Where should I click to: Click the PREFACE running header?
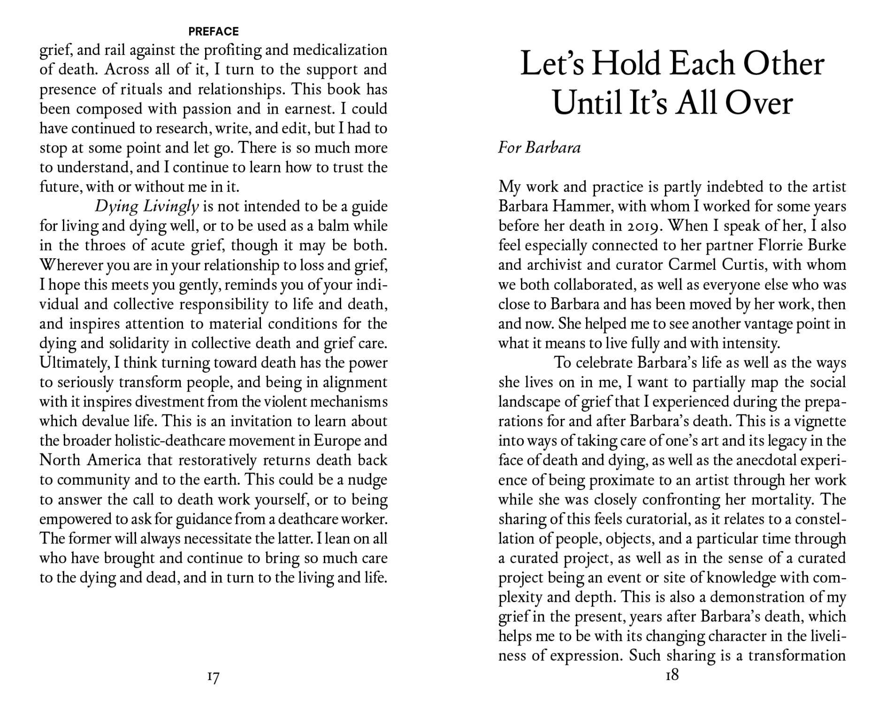coord(214,31)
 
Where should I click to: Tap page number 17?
coord(213,677)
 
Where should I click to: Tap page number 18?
coord(672,675)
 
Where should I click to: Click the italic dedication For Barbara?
coord(539,148)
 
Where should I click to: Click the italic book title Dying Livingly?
coord(147,206)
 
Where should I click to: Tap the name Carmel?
coord(692,265)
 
